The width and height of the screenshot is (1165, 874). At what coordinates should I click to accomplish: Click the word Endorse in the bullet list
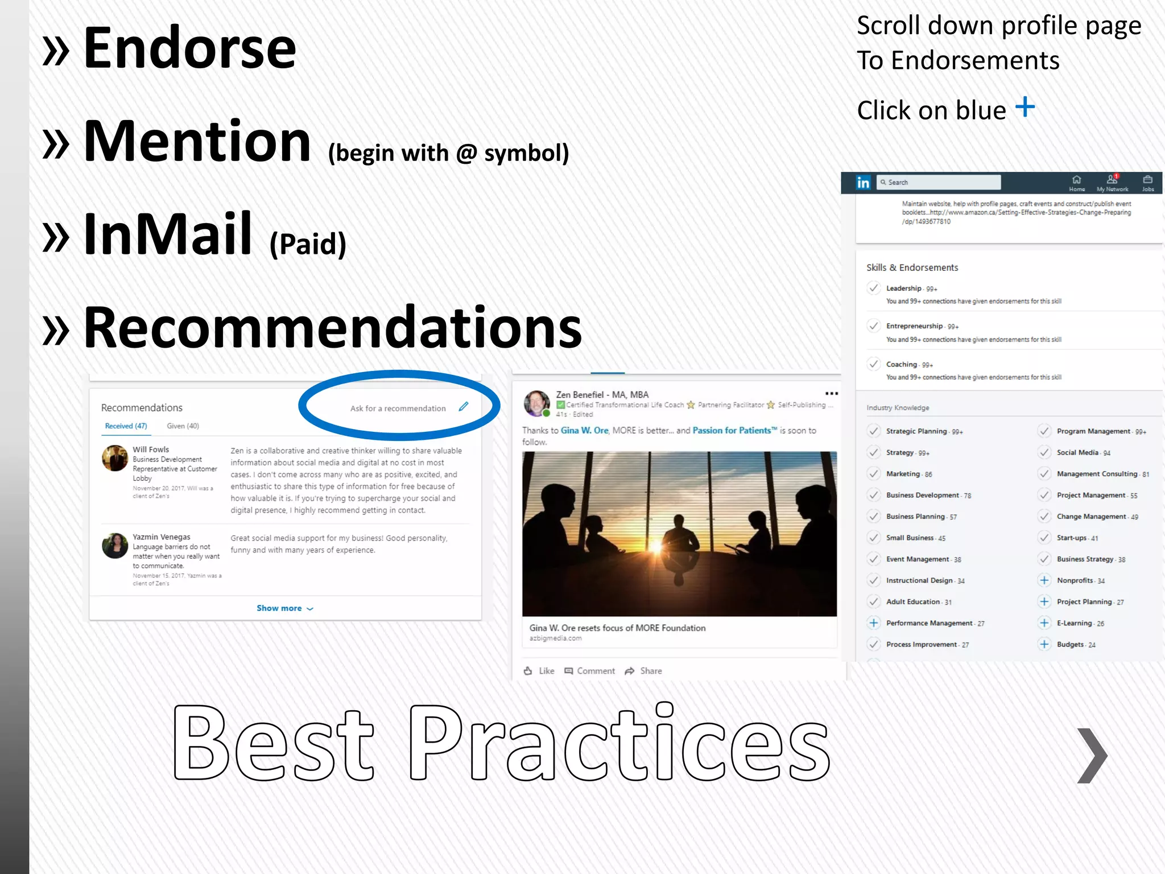pyautogui.click(x=189, y=49)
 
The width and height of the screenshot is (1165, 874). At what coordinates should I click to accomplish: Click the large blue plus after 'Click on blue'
pyautogui.click(x=1025, y=107)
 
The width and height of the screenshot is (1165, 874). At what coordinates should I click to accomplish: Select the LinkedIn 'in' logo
pyautogui.click(x=863, y=183)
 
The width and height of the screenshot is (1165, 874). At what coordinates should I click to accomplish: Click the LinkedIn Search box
pyautogui.click(x=939, y=182)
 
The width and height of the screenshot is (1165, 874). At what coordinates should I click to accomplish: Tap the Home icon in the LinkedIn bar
pyautogui.click(x=1076, y=182)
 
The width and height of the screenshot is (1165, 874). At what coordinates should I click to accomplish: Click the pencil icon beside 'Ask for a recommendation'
pyautogui.click(x=464, y=406)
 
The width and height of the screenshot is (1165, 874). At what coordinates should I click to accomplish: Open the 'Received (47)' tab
pyautogui.click(x=126, y=426)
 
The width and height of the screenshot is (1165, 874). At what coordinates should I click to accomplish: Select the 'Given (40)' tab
pyautogui.click(x=183, y=426)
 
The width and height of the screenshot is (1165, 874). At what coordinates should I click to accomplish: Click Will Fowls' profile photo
pyautogui.click(x=115, y=458)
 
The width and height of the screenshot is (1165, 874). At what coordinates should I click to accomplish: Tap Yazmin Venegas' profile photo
pyautogui.click(x=115, y=546)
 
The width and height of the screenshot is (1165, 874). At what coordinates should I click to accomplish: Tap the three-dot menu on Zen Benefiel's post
pyautogui.click(x=831, y=394)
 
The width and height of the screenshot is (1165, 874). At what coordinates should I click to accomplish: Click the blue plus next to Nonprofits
pyautogui.click(x=1044, y=580)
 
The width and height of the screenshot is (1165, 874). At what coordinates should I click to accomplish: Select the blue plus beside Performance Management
pyautogui.click(x=874, y=623)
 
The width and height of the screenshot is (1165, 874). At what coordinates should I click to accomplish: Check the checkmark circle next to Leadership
pyautogui.click(x=874, y=288)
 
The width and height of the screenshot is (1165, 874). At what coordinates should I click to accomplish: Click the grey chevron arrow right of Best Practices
pyautogui.click(x=1092, y=755)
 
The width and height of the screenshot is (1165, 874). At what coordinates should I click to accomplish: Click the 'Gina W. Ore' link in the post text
pyautogui.click(x=584, y=431)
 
